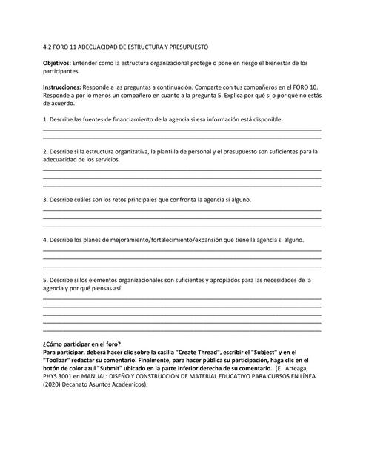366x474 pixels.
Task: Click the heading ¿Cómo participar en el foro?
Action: [82, 344]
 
